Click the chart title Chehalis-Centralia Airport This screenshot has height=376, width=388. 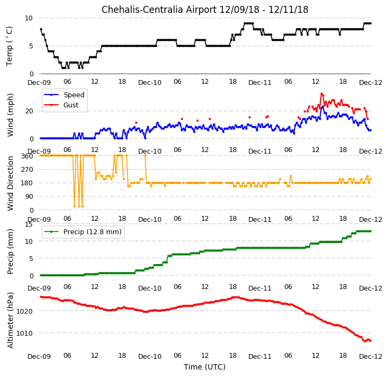pyautogui.click(x=159, y=10)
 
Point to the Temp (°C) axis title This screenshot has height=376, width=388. pyautogui.click(x=9, y=46)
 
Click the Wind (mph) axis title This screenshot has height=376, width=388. pyautogui.click(x=10, y=115)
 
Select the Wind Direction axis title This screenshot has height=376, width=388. pyautogui.click(x=10, y=183)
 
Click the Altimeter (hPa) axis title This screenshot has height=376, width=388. pyautogui.click(x=10, y=320)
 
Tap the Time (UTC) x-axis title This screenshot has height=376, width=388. pyautogui.click(x=205, y=367)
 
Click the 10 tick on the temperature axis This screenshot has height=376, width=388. pyautogui.click(x=28, y=18)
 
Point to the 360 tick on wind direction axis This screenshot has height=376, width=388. pyautogui.click(x=27, y=156)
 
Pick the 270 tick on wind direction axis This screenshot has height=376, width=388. pyautogui.click(x=27, y=170)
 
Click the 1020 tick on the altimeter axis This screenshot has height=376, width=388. pyautogui.click(x=25, y=311)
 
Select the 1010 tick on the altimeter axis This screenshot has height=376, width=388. pyautogui.click(x=25, y=333)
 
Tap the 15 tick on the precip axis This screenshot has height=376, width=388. pyautogui.click(x=28, y=225)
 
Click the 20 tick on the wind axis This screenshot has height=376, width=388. pyautogui.click(x=29, y=111)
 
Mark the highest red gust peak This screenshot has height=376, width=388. pyautogui.click(x=321, y=94)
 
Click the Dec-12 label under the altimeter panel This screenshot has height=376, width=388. pyautogui.click(x=370, y=357)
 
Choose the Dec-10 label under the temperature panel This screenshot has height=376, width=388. pyautogui.click(x=150, y=83)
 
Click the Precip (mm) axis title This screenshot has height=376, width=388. pyautogui.click(x=10, y=251)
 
